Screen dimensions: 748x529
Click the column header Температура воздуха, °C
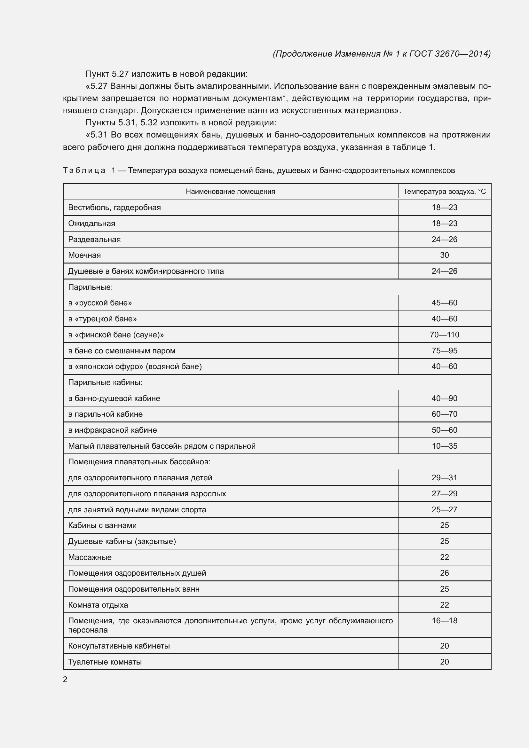click(444, 192)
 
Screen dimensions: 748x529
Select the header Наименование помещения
click(230, 192)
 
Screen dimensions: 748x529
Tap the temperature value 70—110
click(444, 335)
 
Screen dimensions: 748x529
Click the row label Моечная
click(84, 255)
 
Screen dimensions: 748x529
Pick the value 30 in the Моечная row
click(444, 255)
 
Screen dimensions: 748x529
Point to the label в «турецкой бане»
click(102, 319)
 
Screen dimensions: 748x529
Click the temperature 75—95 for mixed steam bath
click(444, 350)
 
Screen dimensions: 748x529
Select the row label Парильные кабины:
click(105, 382)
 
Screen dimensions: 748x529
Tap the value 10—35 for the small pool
click(444, 446)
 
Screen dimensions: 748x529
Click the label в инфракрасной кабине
click(112, 430)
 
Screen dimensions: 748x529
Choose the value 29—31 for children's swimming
click(444, 477)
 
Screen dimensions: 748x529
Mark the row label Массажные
click(90, 557)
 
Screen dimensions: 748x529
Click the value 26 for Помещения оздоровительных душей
click(444, 573)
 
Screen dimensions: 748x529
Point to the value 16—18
click(444, 621)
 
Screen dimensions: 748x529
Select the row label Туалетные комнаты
click(105, 662)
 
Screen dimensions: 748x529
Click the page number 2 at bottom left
click(65, 679)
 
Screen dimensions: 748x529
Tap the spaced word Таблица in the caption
click(84, 170)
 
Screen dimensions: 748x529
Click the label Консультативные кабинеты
click(119, 646)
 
